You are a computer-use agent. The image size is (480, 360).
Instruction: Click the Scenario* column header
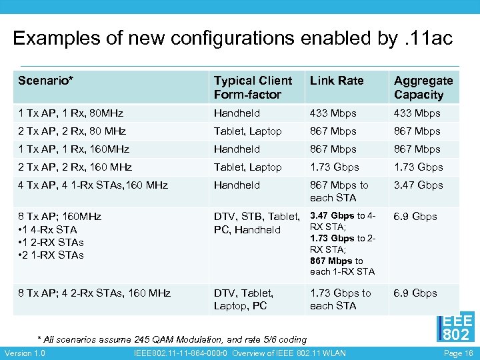[x=46, y=81]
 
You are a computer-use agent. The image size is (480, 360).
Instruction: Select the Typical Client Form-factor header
[x=253, y=87]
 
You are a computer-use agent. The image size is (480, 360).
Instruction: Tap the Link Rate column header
[x=337, y=81]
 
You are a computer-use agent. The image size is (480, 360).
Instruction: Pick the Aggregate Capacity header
[x=423, y=87]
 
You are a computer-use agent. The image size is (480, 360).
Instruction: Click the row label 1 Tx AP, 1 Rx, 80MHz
[x=71, y=113]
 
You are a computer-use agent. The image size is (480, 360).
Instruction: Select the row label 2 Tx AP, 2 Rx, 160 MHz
[x=75, y=167]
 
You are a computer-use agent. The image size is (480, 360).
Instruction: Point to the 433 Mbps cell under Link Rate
[x=333, y=113]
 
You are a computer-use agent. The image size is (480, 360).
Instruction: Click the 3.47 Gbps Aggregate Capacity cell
[x=418, y=185]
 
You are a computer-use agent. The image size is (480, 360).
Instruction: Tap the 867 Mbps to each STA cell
[x=339, y=191]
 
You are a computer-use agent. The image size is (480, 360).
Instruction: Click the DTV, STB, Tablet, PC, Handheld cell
[x=256, y=223]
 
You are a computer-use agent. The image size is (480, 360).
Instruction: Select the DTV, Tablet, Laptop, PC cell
[x=243, y=299]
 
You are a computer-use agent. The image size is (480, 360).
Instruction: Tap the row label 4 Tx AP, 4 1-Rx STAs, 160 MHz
[x=93, y=185]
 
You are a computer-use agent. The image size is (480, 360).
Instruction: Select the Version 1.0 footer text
[x=25, y=353]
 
